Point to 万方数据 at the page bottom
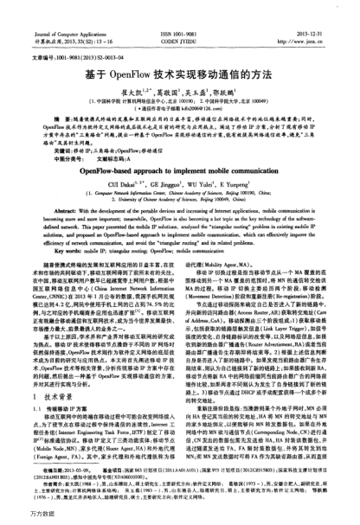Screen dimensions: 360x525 point(22,517)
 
